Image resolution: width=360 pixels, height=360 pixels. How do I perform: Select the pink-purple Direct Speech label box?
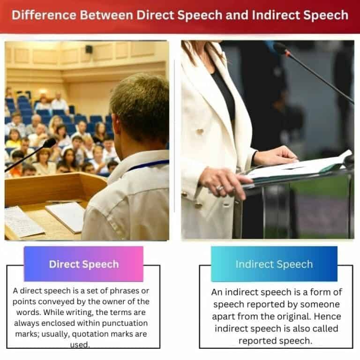83,264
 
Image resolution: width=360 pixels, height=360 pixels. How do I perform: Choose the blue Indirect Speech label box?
274,264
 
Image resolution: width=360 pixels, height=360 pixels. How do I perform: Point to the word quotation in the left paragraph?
102,334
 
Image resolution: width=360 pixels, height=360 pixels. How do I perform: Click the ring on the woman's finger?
219,187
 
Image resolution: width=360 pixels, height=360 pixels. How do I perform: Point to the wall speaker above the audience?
89,49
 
